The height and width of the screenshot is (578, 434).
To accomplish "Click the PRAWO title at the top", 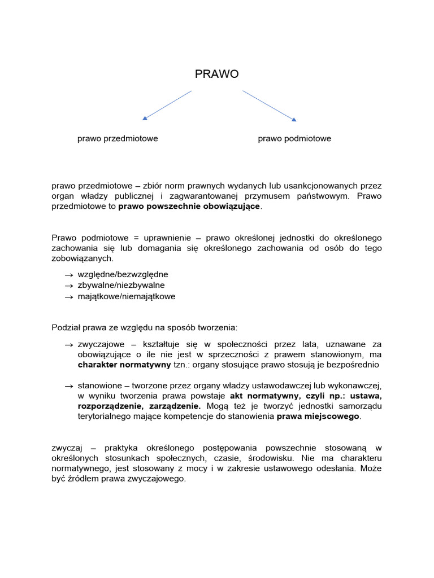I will [x=216, y=75].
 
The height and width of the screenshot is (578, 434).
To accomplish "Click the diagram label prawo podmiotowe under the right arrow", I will [x=294, y=139].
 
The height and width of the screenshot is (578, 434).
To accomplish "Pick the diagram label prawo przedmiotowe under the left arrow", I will [x=118, y=139].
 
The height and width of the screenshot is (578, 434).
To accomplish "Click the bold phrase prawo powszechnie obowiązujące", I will [x=189, y=207].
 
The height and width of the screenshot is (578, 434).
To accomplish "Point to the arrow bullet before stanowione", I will [x=69, y=386].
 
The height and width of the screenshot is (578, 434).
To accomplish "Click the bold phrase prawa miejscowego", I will [x=318, y=417].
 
